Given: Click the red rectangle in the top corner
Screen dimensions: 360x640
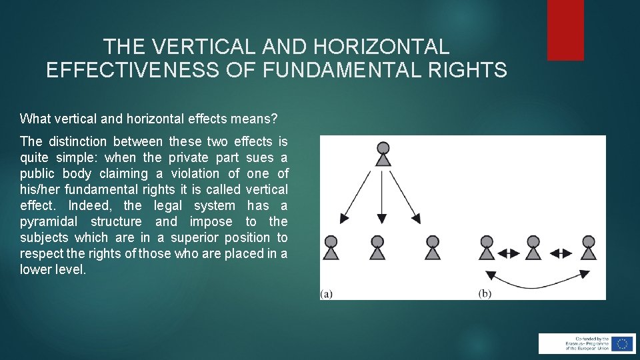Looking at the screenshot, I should click(565, 30).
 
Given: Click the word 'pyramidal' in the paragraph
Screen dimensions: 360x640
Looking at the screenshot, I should click(49, 221).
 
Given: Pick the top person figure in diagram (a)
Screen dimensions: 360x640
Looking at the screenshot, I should click(383, 154).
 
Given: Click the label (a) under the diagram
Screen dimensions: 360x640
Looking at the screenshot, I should click(327, 294).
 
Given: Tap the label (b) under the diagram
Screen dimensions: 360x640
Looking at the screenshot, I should click(485, 294).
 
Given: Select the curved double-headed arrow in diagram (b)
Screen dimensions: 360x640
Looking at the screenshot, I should click(537, 281).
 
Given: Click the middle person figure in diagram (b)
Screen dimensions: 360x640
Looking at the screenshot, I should click(533, 247).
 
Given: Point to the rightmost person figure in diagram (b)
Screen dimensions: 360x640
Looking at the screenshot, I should click(588, 247).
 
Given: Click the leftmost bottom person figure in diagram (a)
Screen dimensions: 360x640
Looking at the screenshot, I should click(331, 247).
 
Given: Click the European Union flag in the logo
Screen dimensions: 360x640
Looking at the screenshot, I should click(623, 344).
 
